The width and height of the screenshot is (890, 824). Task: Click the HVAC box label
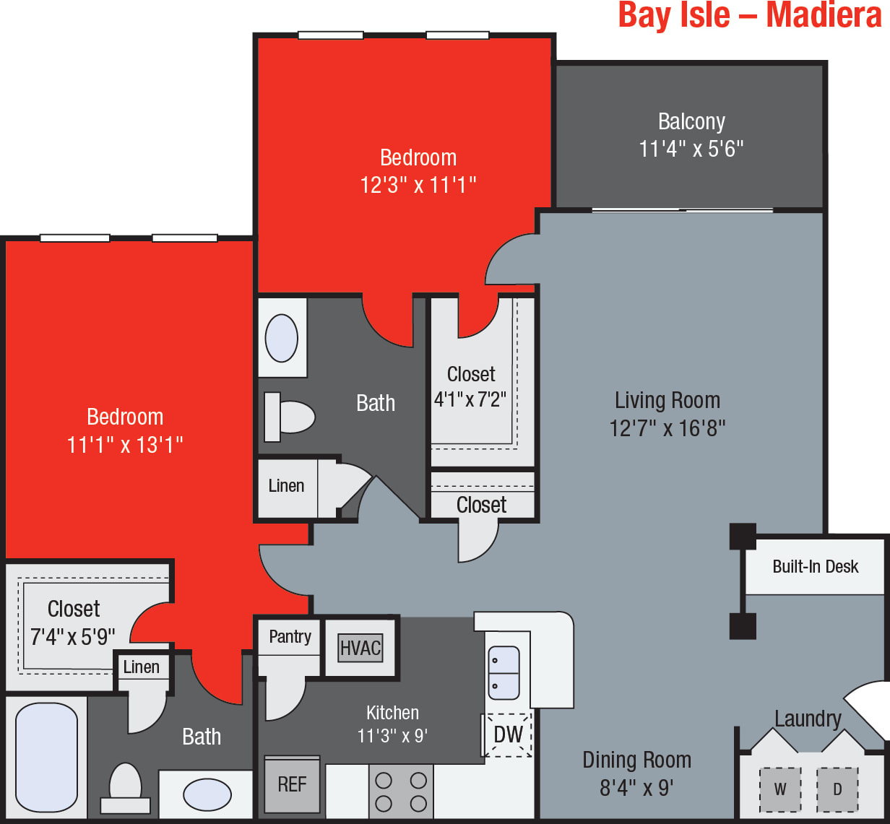coord(360,648)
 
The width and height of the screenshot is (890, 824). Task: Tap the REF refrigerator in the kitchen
coord(292,784)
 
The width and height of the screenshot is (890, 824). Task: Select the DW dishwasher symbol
coord(509,734)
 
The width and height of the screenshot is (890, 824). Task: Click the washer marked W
coord(780,789)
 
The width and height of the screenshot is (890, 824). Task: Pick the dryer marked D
coord(837,789)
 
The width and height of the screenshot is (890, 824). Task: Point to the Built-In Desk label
coord(815,566)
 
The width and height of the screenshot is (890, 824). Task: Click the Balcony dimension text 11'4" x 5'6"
coord(691,149)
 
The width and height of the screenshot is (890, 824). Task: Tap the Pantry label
coord(290,636)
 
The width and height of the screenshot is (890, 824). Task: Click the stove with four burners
coord(401,792)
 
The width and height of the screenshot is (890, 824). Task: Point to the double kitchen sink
coord(504,672)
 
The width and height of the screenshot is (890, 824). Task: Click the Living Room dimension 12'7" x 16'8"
coord(667,428)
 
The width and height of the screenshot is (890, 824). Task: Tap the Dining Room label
coord(636,760)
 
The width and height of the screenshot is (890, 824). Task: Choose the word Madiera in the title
coord(824,15)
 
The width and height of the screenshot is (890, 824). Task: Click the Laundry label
coord(808,719)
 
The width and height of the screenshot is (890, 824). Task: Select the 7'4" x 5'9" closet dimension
coord(72,637)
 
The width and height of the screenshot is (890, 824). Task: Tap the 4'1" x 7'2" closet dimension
coord(470,399)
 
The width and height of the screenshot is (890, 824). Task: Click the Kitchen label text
coord(392,713)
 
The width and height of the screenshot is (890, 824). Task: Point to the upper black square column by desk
coord(743,537)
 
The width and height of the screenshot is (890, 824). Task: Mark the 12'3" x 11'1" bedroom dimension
coord(418,185)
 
